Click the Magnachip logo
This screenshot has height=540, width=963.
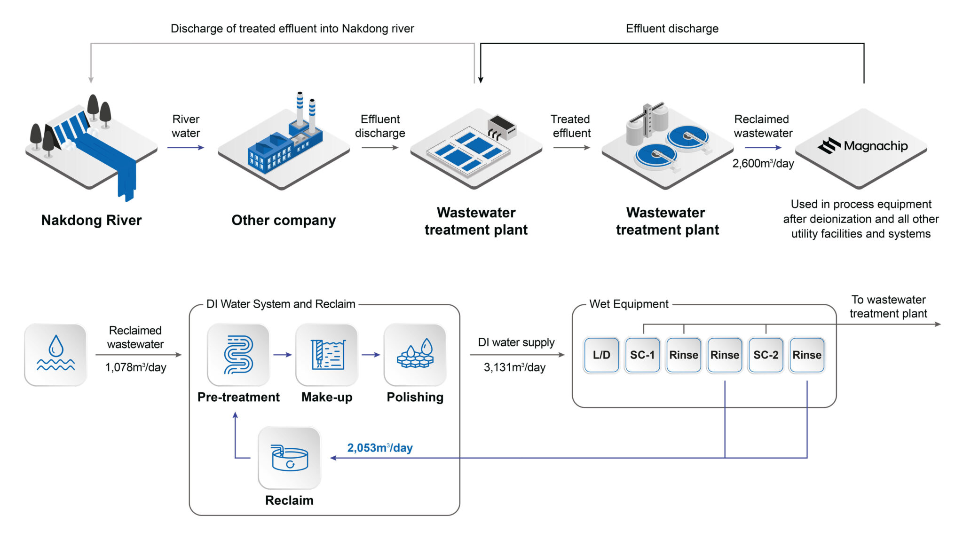[x=862, y=146]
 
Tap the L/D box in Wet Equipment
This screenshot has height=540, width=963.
[x=601, y=355]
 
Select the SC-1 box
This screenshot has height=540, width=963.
[x=642, y=355]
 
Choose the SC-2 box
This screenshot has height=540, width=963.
[x=766, y=355]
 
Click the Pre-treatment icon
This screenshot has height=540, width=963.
[x=238, y=355]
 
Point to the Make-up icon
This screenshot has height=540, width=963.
[x=327, y=355]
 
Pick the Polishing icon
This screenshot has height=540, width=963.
[x=415, y=355]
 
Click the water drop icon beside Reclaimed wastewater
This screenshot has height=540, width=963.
[x=55, y=355]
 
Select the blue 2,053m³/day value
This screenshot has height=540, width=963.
[x=380, y=448]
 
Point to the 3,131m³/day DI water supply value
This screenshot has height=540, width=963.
[x=514, y=367]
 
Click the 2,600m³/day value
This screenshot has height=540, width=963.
[x=763, y=164]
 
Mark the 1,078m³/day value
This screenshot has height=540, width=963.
[x=135, y=367]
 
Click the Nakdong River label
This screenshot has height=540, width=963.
[x=91, y=220]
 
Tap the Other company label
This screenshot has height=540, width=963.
[x=284, y=220]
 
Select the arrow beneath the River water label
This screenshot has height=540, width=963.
[x=186, y=148]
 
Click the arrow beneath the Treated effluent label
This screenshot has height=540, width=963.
[x=571, y=148]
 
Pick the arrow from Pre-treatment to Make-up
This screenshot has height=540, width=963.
[x=283, y=355]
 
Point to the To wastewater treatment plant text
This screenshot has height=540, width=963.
[x=888, y=307]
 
